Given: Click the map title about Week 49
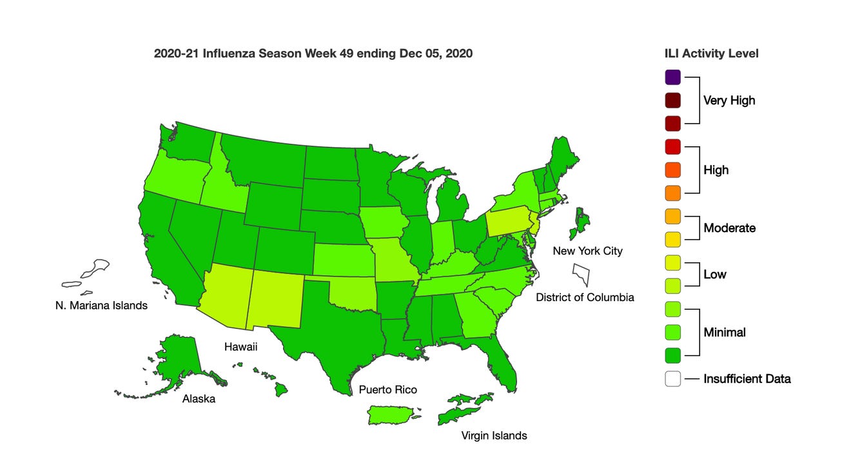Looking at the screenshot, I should click(x=313, y=54).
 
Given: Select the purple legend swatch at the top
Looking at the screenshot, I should click(x=673, y=77).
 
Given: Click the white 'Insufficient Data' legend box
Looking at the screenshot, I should click(x=673, y=379).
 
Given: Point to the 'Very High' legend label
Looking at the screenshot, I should click(x=729, y=101).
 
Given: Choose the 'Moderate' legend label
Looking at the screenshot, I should click(x=729, y=228).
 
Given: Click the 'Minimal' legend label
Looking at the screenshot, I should click(x=724, y=333).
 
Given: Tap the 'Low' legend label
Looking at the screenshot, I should click(x=714, y=275).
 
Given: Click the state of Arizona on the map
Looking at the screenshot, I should click(x=224, y=293).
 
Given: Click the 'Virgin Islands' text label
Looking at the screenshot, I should click(x=494, y=436).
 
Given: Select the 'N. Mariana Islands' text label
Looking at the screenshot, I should click(x=101, y=306).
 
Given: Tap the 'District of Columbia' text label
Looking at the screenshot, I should click(x=585, y=298).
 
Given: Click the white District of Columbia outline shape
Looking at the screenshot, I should click(x=582, y=273).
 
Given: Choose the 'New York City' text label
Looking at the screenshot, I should click(x=587, y=251).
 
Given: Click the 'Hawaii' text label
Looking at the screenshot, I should click(x=240, y=347).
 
